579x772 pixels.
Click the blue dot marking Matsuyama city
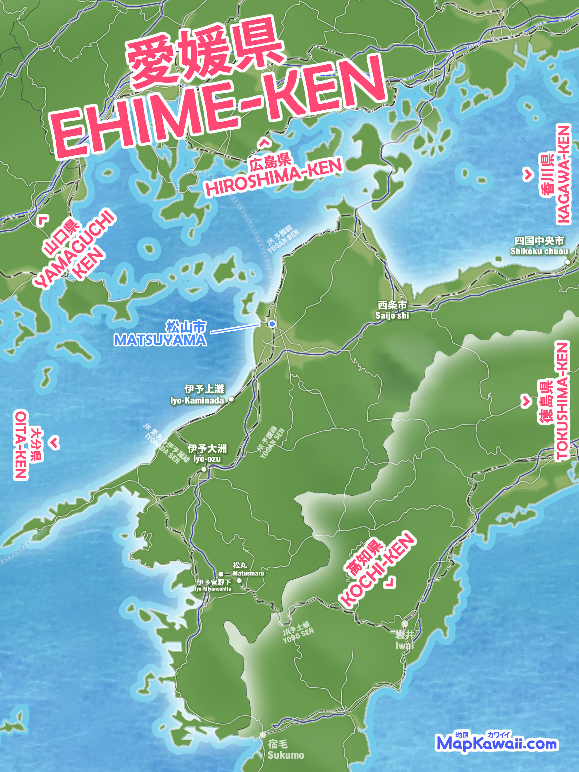pyautogui.click(x=272, y=324)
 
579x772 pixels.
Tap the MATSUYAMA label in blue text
pyautogui.click(x=160, y=340)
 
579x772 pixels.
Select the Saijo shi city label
pyautogui.click(x=392, y=316)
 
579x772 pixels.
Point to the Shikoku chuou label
pyautogui.click(x=539, y=251)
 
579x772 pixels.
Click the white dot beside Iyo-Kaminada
pyautogui.click(x=231, y=399)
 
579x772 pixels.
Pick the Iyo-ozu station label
pyautogui.click(x=207, y=459)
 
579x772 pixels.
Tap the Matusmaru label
pyautogui.click(x=248, y=574)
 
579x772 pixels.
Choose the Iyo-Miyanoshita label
pyautogui.click(x=213, y=589)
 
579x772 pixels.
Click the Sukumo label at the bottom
pyautogui.click(x=286, y=755)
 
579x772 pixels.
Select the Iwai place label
pyautogui.click(x=405, y=646)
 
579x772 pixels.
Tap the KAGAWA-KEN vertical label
pyautogui.click(x=563, y=174)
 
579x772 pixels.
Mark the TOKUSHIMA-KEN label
pyautogui.click(x=562, y=401)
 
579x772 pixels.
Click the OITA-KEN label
pyautogui.click(x=21, y=445)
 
